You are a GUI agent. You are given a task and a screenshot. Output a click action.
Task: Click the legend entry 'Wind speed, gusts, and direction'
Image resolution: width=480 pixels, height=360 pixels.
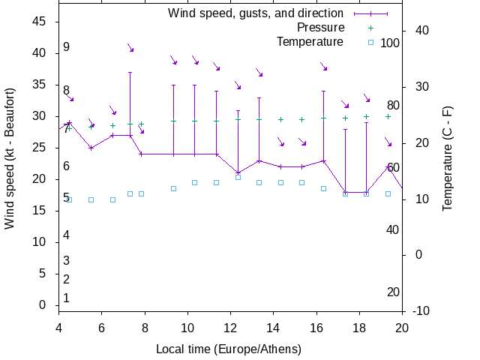(x=255, y=13)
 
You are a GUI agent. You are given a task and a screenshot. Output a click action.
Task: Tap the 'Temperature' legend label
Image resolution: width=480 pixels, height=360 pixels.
(x=310, y=42)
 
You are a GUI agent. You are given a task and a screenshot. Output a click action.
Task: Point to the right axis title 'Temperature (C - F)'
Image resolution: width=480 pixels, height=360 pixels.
(x=447, y=158)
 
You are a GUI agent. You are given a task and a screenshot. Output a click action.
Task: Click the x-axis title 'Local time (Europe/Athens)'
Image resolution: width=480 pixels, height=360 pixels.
(x=229, y=349)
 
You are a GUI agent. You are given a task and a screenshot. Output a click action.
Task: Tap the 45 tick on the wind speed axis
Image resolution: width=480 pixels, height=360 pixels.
(x=41, y=22)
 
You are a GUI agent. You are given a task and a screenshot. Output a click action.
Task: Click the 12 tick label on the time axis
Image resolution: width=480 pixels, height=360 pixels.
(x=230, y=327)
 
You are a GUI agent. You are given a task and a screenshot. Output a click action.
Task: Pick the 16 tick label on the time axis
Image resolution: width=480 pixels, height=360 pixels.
(x=316, y=327)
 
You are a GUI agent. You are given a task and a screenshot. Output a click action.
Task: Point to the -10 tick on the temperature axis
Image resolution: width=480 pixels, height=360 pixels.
(x=421, y=310)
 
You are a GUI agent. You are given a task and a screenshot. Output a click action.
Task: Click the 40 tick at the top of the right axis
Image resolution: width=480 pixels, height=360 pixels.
(x=421, y=31)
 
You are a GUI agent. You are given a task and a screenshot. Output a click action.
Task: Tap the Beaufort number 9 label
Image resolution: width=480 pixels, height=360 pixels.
(x=66, y=47)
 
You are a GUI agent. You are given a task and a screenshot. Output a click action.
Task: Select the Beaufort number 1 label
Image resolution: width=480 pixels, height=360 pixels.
(x=66, y=298)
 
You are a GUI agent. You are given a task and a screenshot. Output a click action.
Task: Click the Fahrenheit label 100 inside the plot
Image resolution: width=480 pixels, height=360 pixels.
(x=390, y=43)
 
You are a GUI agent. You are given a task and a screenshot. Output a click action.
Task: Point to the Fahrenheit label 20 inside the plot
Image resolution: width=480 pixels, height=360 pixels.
(x=393, y=292)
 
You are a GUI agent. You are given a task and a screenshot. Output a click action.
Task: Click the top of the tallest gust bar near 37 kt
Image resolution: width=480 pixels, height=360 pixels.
(x=130, y=73)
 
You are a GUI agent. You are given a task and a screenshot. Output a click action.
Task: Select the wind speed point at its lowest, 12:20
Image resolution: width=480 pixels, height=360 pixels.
(x=238, y=172)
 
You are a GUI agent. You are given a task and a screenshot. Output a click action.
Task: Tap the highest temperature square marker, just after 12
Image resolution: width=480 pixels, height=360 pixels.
(x=238, y=177)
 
